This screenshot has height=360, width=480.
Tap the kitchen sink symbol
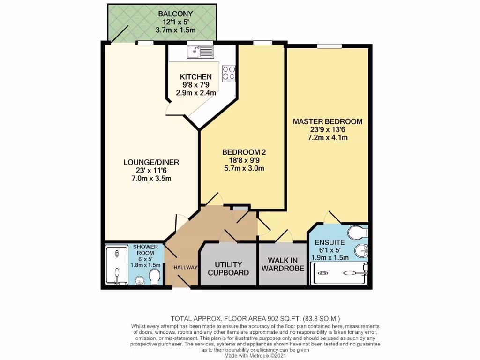200,51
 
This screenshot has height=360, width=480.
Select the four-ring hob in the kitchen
229,73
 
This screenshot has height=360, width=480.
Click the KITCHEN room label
196,77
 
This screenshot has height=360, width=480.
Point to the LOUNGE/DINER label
151,162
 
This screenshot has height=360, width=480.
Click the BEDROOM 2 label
244,152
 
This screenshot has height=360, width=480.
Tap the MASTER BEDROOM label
328,121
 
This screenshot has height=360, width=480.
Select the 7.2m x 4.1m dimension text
328,138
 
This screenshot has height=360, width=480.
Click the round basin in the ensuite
361,250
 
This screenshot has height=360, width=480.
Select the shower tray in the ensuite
340,270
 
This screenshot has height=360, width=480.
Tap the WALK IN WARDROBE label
283,264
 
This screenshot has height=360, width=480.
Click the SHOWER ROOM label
146,250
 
